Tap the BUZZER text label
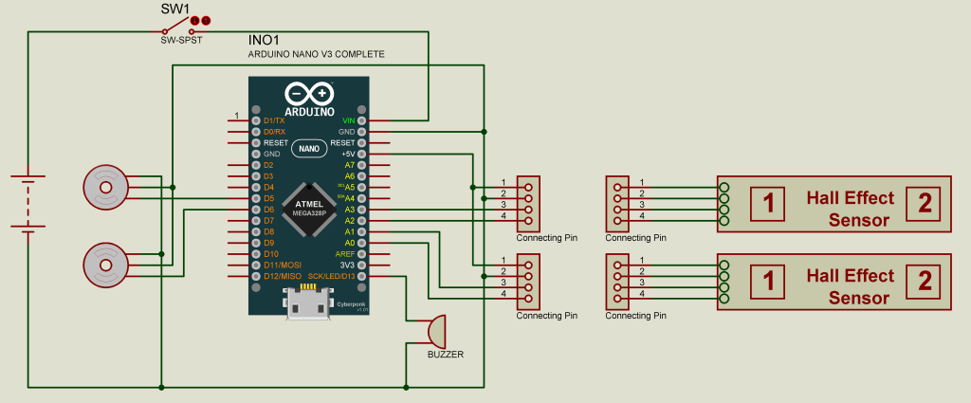pyautogui.click(x=446, y=354)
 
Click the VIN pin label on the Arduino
pyautogui.click(x=348, y=120)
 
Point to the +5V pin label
pyautogui.click(x=347, y=154)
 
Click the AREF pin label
pyautogui.click(x=344, y=253)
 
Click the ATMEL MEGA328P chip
pyautogui.click(x=309, y=208)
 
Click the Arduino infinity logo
pyautogui.click(x=309, y=94)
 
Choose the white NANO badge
pyautogui.click(x=309, y=148)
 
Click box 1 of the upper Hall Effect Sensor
pyautogui.click(x=769, y=203)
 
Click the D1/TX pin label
pyautogui.click(x=274, y=120)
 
